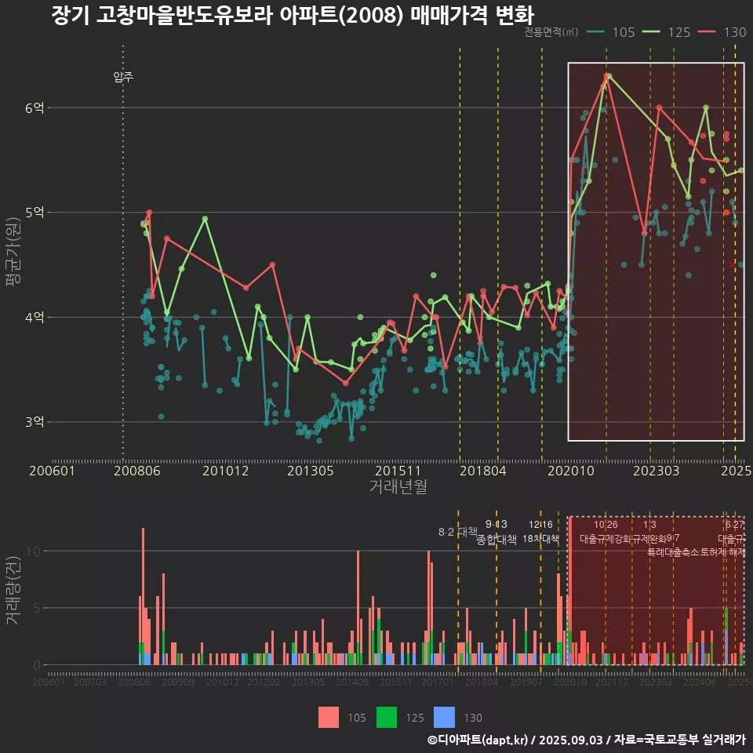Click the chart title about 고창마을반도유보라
[292, 16]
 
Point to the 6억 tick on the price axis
[34, 107]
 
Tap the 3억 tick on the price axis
[34, 422]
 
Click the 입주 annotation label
[123, 77]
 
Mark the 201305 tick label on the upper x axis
[311, 471]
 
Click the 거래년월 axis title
[398, 487]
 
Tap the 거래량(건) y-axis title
[13, 591]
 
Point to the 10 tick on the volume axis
[31, 551]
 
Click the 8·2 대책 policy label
[457, 532]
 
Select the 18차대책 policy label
[540, 539]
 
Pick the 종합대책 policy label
[497, 539]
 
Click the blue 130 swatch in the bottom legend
[444, 717]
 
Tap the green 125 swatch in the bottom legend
[387, 717]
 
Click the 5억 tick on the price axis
[34, 213]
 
